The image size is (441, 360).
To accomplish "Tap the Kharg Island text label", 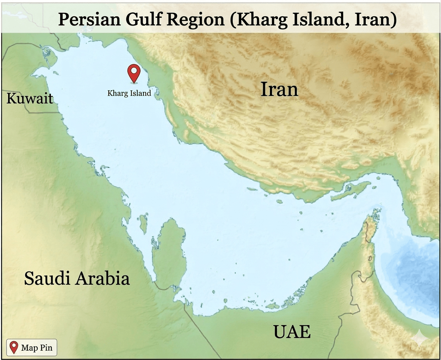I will (129, 93).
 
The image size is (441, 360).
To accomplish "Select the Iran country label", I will (279, 89).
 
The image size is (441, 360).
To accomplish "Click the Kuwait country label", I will (30, 99).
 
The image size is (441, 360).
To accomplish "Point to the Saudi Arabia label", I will (77, 279).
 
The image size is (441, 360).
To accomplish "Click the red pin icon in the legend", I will (14, 347).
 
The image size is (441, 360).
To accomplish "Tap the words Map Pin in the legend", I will (36, 348).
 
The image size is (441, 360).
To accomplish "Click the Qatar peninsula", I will (169, 252).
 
